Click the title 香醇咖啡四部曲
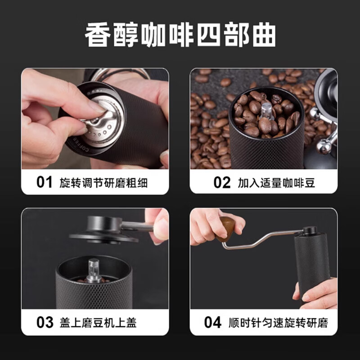tap(180, 35)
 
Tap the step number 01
tap(45, 182)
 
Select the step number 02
tap(222, 182)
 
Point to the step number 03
tap(45, 322)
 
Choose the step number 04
tap(213, 322)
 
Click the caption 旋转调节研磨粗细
tap(103, 182)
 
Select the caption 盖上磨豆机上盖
tap(98, 322)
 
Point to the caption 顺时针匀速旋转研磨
tap(278, 322)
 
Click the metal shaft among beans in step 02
tap(266, 109)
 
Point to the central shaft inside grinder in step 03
tap(94, 269)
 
